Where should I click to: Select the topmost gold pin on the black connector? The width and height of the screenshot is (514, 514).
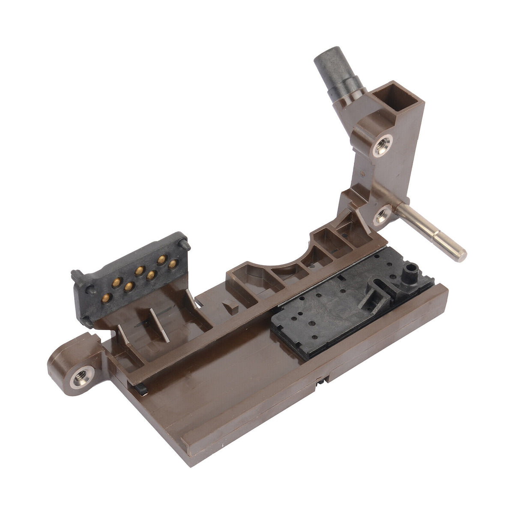pyautogui.click(x=162, y=259)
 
